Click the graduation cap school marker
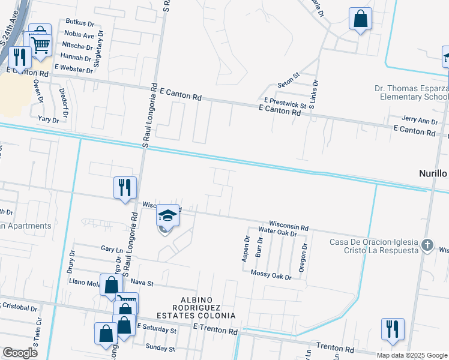coord(168,215)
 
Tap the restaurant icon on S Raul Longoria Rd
coord(125,187)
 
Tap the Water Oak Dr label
coord(277,231)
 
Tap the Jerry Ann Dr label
coord(420,121)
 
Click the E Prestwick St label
coord(285,103)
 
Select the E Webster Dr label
coord(74,70)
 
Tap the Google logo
coord(20,353)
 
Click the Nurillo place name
coord(433,173)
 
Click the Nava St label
coord(142,282)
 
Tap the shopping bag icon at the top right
coord(360,19)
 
